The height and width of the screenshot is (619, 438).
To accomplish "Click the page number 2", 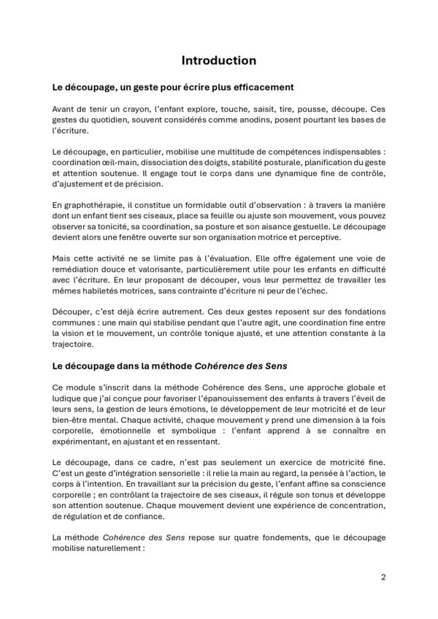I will pyautogui.click(x=383, y=577).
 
